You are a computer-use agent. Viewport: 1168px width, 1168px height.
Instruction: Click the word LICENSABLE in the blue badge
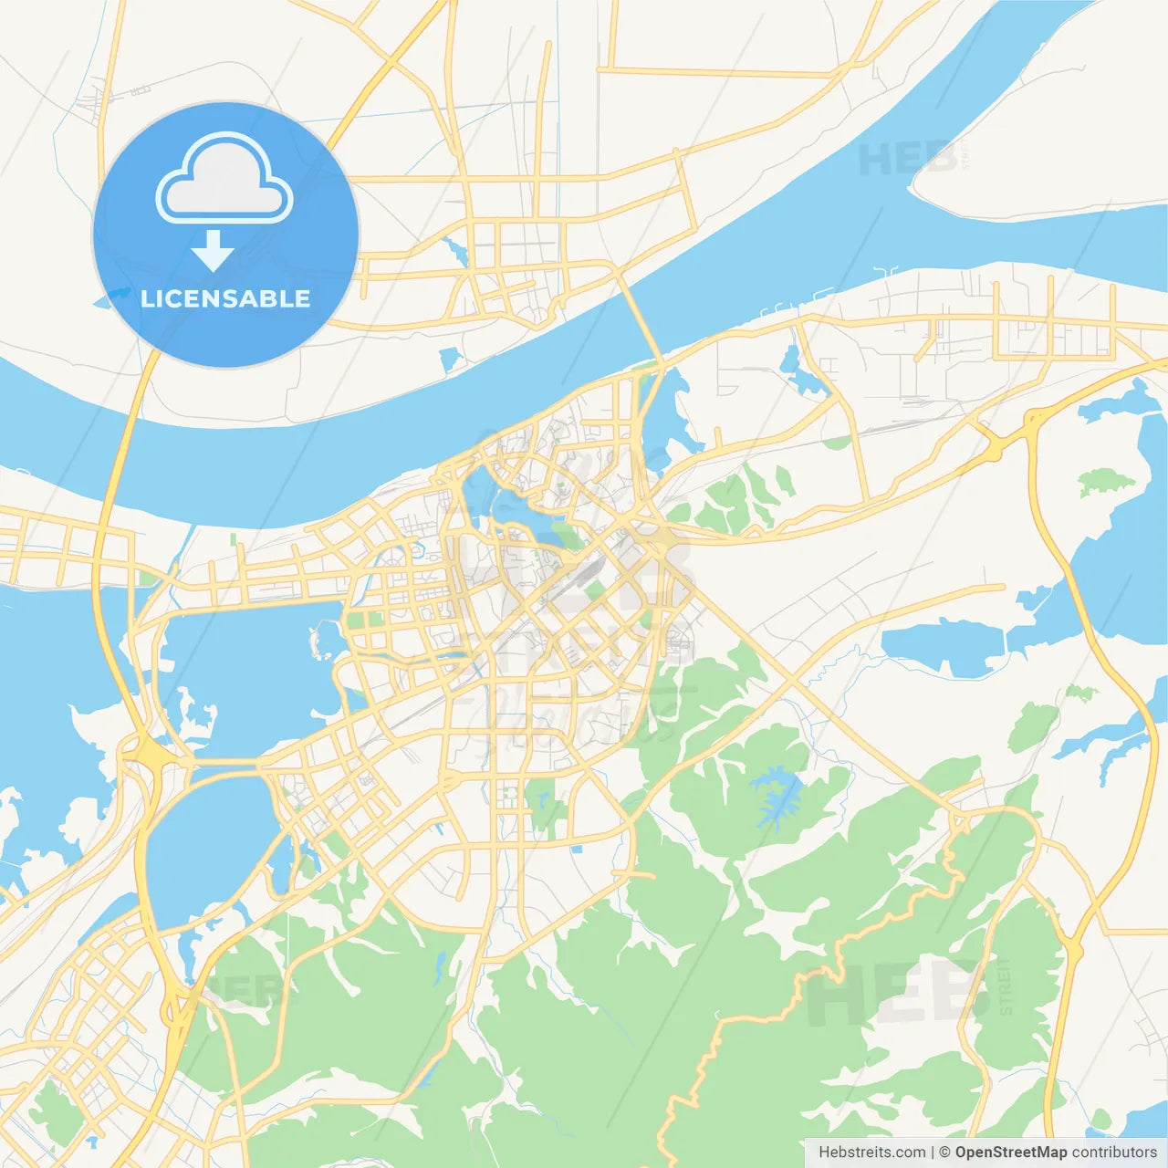(x=225, y=298)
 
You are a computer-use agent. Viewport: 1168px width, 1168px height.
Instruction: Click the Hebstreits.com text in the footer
(x=871, y=1152)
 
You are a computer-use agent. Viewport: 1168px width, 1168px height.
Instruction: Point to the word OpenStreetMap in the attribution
(x=1010, y=1152)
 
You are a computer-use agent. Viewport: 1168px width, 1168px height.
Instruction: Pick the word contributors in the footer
(x=1114, y=1152)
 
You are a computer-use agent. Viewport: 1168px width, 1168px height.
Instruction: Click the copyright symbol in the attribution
(x=944, y=1152)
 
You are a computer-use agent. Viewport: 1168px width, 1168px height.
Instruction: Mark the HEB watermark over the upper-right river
(x=908, y=159)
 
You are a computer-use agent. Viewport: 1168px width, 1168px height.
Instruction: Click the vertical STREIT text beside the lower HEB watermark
(x=1005, y=986)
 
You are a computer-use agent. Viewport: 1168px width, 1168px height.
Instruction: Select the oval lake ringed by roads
(x=208, y=844)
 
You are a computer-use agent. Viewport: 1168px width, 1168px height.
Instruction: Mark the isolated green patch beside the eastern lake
(x=1106, y=481)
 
